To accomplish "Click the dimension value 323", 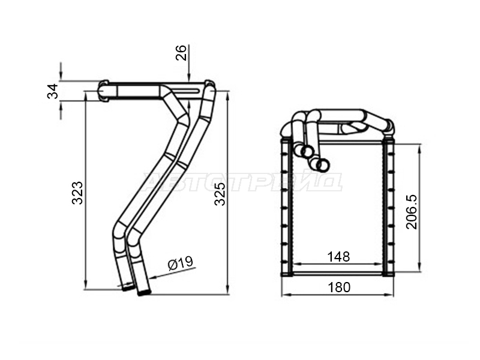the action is click(77, 193).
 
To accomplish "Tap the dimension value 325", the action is click(220, 194).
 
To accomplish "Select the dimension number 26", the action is click(181, 53).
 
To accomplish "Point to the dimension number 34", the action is click(53, 91).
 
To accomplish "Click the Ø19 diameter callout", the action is click(181, 263).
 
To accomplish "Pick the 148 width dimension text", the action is click(338, 257).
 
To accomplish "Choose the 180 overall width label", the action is click(339, 287).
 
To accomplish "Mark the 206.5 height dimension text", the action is click(412, 212).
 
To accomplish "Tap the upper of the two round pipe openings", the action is click(307, 151).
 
